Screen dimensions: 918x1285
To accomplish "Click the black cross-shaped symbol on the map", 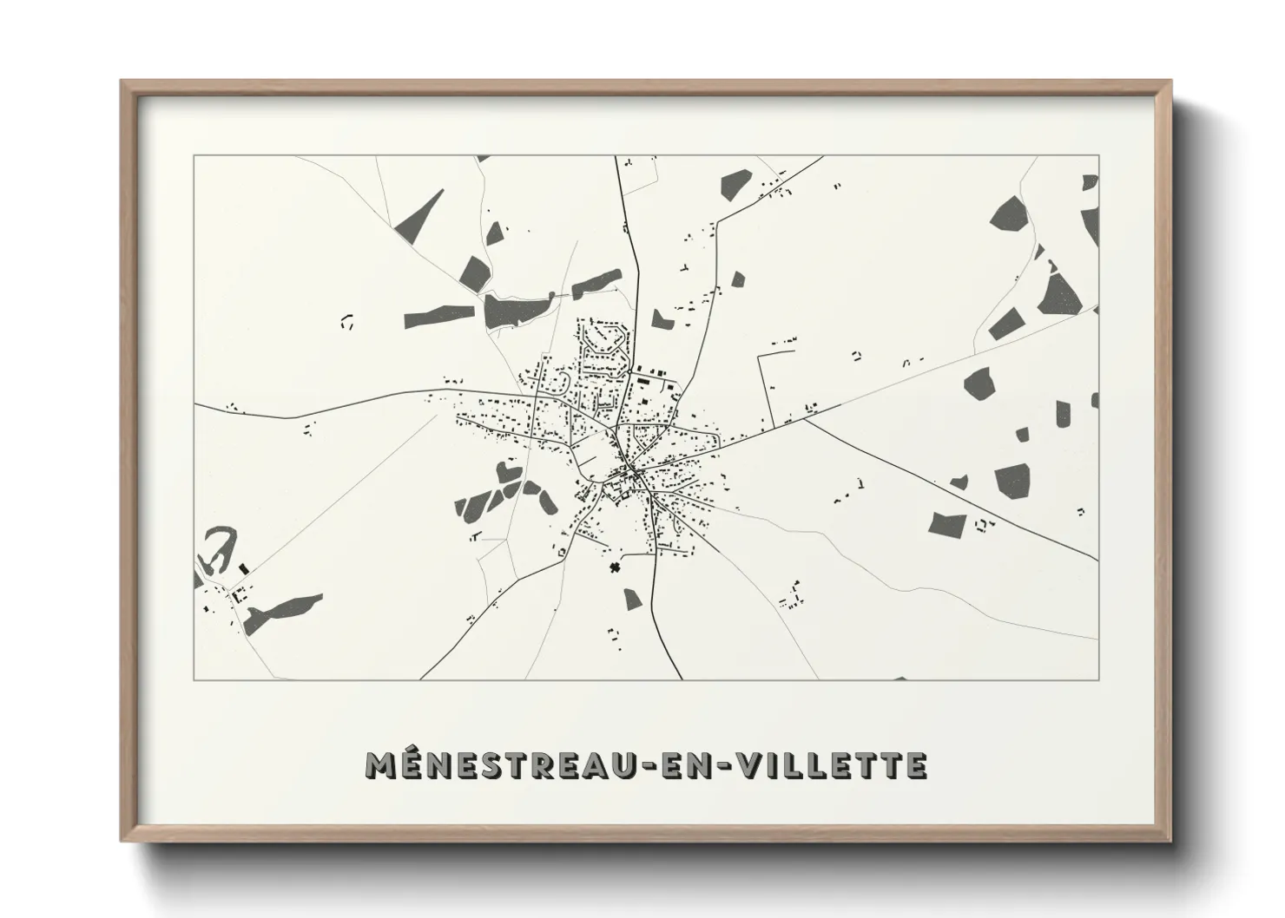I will (x=616, y=568).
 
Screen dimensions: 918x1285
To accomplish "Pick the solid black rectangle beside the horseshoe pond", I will (x=243, y=568).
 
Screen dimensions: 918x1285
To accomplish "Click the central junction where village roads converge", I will (x=634, y=473).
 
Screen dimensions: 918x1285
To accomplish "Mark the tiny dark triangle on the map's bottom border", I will (x=899, y=678).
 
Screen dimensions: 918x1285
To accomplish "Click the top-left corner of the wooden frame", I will (x=122, y=82).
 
